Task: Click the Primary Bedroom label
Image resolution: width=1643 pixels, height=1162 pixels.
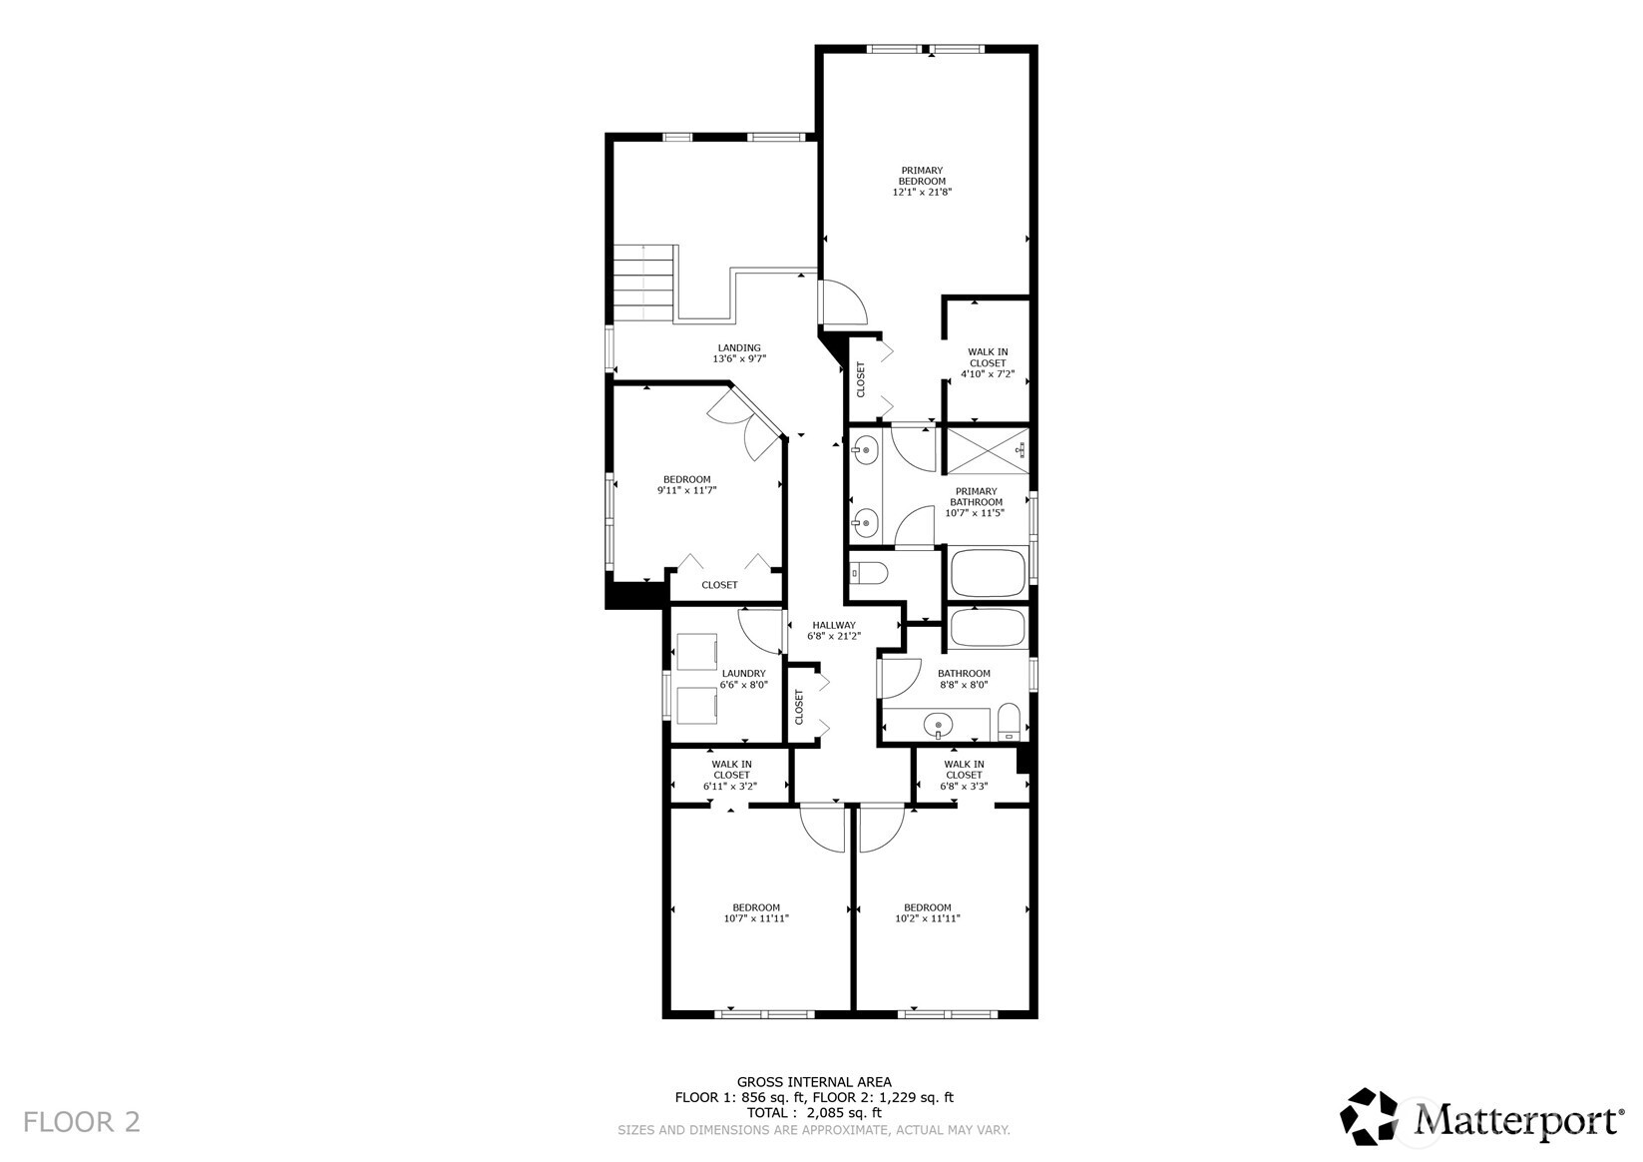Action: coord(922,181)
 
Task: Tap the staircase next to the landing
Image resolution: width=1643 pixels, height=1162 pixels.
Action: coord(643,282)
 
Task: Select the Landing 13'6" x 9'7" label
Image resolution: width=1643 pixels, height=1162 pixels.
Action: coord(738,353)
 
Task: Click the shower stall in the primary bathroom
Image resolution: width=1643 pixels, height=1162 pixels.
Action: coord(986,449)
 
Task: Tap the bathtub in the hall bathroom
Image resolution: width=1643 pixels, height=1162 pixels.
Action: coord(988,628)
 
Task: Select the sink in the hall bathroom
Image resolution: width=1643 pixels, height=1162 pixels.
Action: coord(938,724)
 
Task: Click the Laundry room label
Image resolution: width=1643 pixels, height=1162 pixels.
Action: coord(743,679)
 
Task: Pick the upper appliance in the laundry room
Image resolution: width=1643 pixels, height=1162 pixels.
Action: coord(698,652)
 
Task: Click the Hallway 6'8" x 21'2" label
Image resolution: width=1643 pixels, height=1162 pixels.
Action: coord(833,630)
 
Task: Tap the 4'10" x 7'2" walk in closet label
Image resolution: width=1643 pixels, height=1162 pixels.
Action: coord(988,363)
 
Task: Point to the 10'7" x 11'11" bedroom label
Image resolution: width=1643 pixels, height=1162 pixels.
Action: coord(756,913)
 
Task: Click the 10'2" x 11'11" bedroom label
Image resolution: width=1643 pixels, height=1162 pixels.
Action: coord(928,913)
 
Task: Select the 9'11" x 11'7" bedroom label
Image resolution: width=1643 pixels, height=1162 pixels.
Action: coord(687,484)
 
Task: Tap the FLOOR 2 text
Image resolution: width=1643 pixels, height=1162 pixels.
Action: coord(82,1122)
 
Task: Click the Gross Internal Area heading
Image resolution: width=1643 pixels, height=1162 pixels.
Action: coord(814,1081)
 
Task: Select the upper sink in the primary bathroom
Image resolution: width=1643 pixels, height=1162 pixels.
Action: coord(864,451)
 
